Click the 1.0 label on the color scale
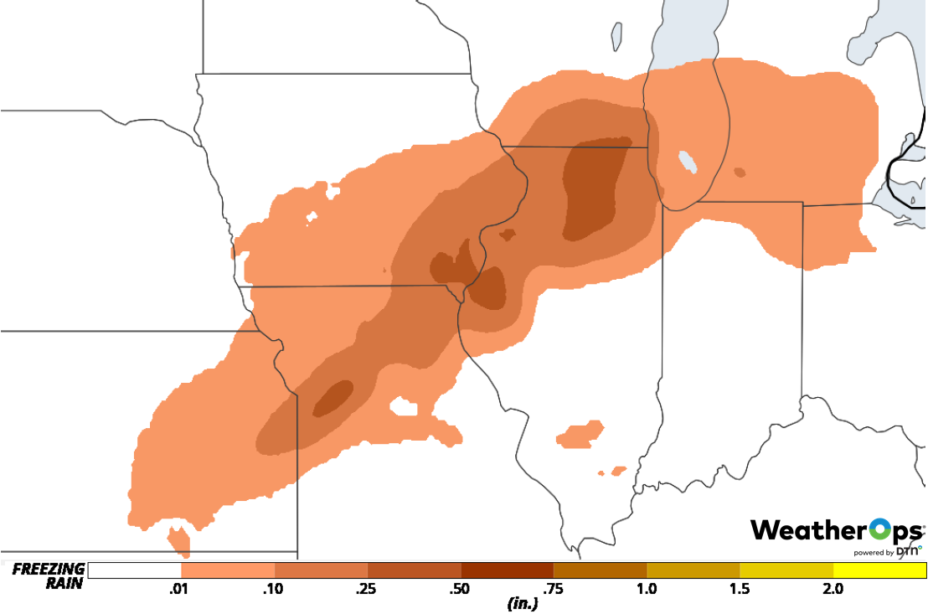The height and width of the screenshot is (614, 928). click(x=647, y=589)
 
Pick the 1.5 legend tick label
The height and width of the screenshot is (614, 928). click(x=740, y=589)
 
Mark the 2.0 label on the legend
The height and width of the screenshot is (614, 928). click(x=833, y=589)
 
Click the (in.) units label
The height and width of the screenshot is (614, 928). click(x=522, y=603)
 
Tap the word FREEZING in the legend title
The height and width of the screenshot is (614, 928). click(x=49, y=570)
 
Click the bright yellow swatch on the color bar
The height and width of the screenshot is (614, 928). click(x=879, y=570)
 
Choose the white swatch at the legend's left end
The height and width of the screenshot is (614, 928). click(x=134, y=570)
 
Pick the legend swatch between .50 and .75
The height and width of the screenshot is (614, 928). click(x=507, y=570)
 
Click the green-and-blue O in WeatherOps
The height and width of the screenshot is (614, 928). click(x=881, y=530)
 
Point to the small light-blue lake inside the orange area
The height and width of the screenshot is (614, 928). click(x=688, y=161)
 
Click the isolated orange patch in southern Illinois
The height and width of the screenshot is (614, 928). click(x=580, y=433)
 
